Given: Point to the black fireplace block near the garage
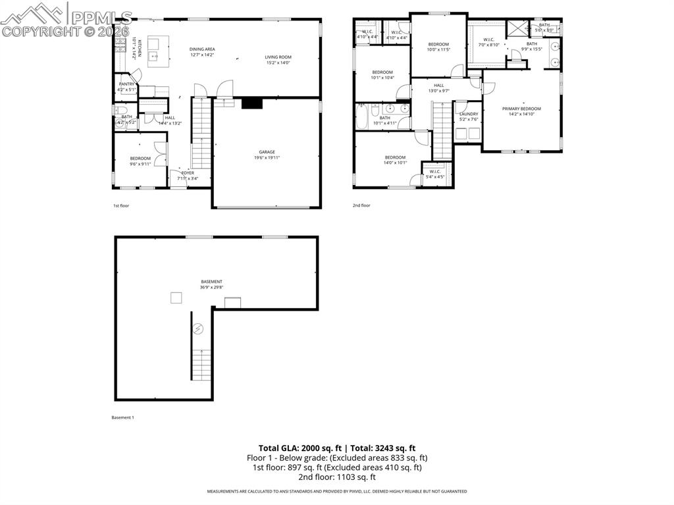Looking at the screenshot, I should point(251,103).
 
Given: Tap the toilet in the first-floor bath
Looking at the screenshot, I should point(120,110).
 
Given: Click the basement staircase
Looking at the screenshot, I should point(201,365).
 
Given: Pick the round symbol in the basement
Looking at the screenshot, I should point(198,328).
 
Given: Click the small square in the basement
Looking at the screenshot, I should point(176,298).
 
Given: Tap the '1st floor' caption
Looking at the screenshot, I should point(120,205).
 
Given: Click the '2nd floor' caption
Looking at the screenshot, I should point(361,205).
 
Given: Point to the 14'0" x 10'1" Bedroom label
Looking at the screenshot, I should point(395,160).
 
